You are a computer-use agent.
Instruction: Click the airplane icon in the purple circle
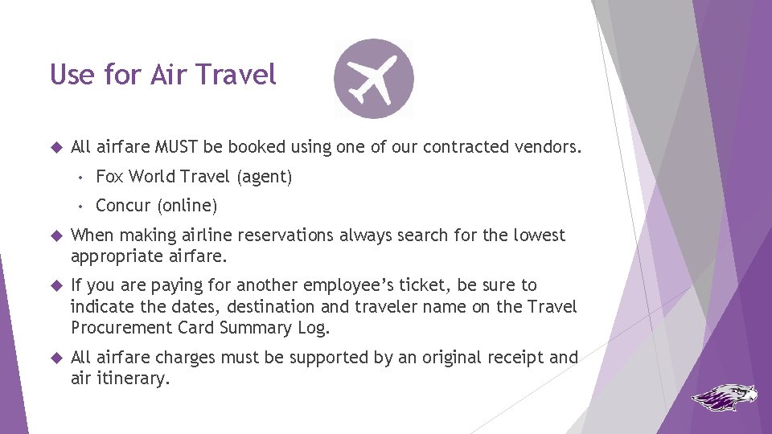click(x=374, y=79)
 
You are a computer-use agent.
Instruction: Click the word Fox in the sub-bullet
click(x=109, y=177)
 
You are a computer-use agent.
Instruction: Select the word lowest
click(x=540, y=235)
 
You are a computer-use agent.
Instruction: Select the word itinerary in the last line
click(x=133, y=379)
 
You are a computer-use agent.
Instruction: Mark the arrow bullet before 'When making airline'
click(x=55, y=235)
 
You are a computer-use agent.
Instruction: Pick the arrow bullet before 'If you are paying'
click(x=55, y=285)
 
